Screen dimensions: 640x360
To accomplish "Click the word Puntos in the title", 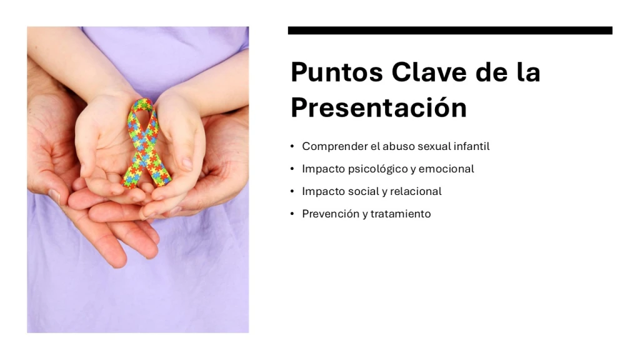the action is pyautogui.click(x=337, y=72).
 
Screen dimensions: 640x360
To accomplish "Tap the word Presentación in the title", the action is pyautogui.click(x=379, y=107).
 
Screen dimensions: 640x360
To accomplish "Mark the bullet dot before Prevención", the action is pyautogui.click(x=292, y=214).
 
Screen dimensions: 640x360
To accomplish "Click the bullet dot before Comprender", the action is pyautogui.click(x=292, y=146).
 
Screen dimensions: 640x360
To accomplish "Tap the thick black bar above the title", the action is pyautogui.click(x=450, y=31).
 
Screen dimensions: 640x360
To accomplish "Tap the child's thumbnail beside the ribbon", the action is pyautogui.click(x=187, y=163).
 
